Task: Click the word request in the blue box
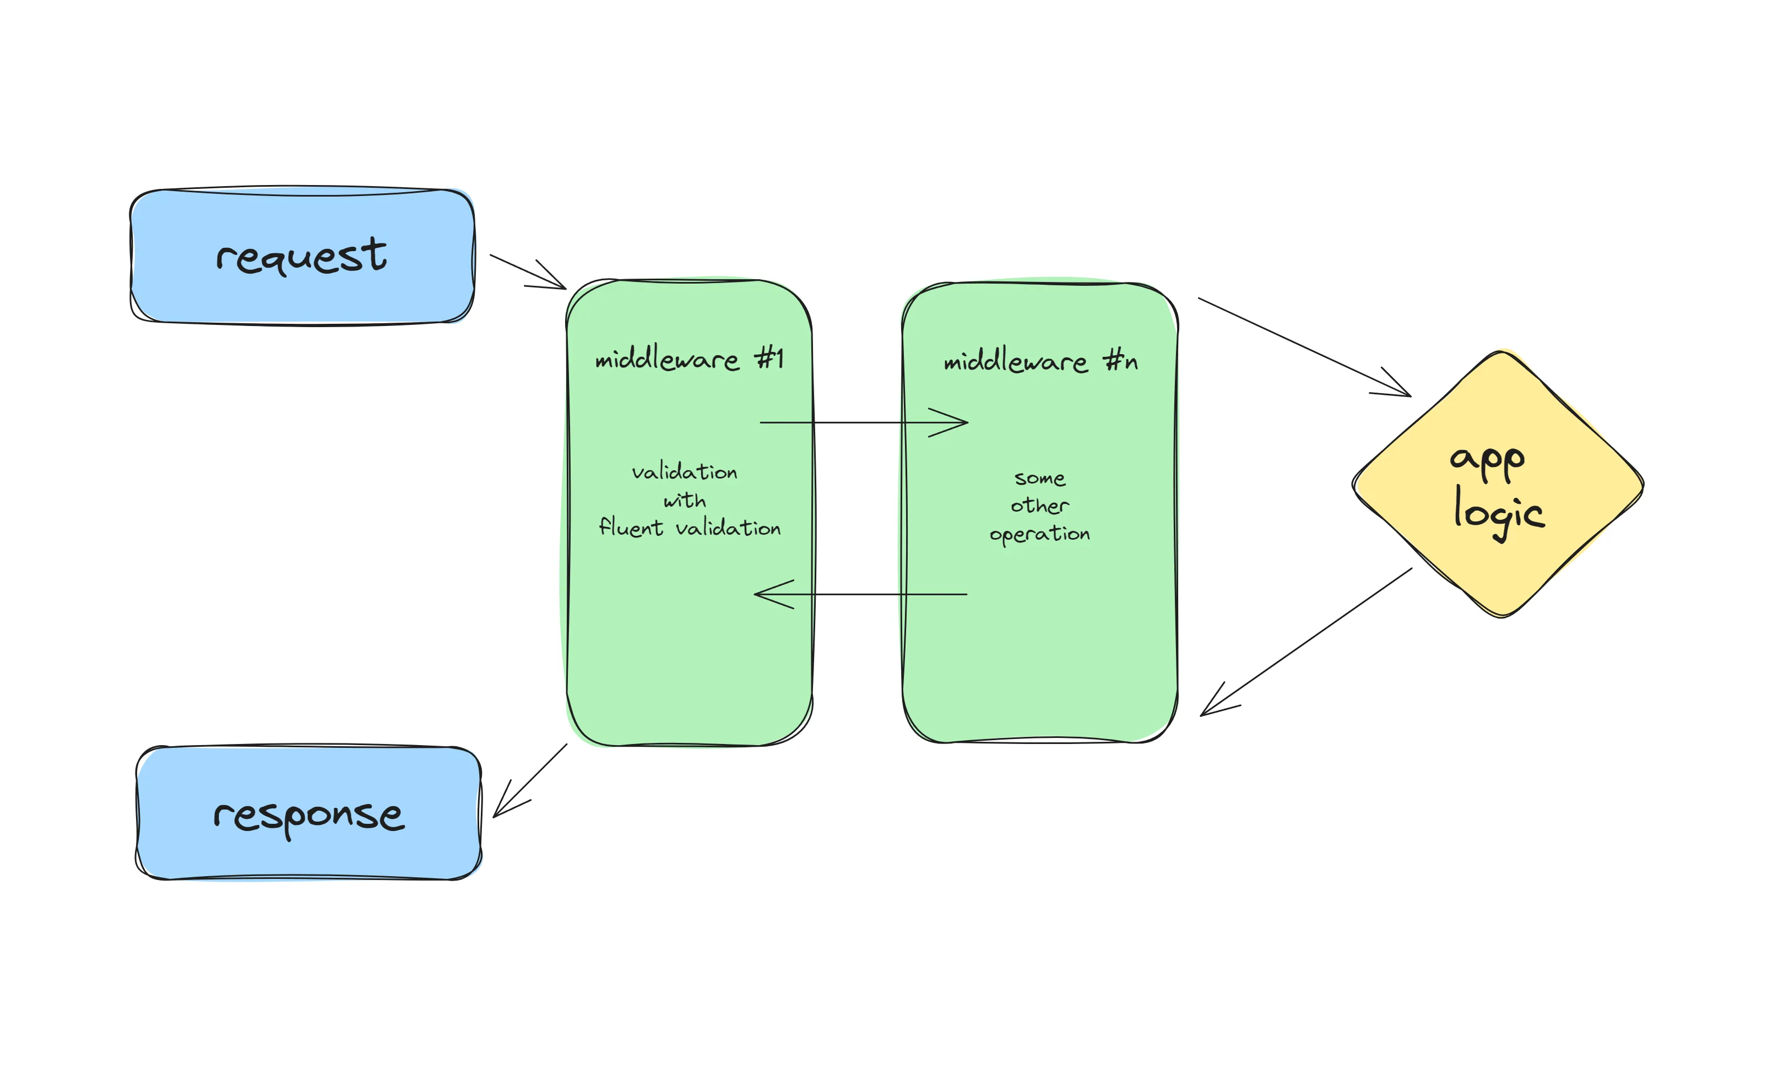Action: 301,256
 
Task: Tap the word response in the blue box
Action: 308,816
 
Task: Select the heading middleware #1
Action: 689,359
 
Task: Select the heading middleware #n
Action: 1040,361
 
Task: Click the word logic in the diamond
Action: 1498,513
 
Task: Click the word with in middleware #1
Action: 684,501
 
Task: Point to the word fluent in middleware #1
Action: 630,527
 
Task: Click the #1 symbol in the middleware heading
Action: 769,357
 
